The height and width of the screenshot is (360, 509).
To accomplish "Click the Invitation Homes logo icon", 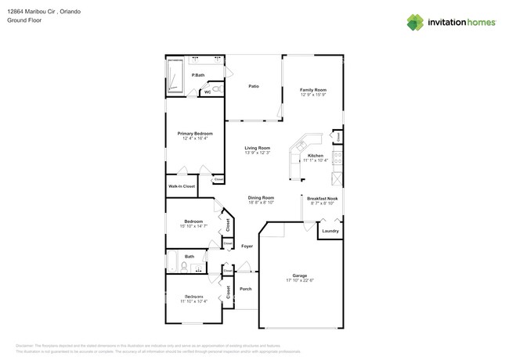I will pos(414,22).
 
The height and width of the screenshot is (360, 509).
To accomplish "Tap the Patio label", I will pos(254,86).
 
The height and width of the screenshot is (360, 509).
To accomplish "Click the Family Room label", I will pos(313,90).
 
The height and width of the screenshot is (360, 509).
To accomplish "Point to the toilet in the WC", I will pos(216,92).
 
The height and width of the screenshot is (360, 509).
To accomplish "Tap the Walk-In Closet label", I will pos(182,186).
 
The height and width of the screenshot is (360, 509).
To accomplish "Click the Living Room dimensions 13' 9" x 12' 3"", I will pos(257,153).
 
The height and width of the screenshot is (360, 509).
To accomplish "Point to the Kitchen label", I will pos(316,156).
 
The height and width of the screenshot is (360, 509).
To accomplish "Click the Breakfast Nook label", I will pos(322,198).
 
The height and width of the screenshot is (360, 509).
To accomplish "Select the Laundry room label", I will pos(330,231).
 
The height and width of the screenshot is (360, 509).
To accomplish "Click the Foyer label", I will pos(247,247).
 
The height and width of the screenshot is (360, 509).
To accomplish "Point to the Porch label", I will pos(245,288).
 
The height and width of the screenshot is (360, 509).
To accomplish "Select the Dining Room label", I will pos(261,198).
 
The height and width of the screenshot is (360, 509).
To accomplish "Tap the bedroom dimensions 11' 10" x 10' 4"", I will pos(193,301).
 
